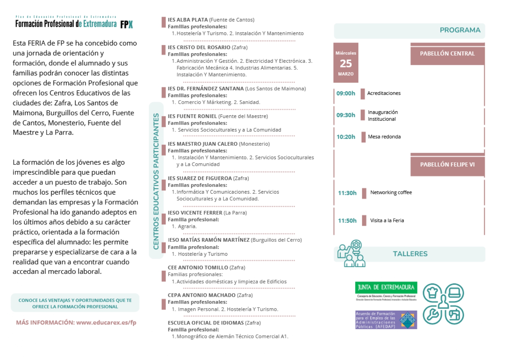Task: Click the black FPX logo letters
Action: coord(126,25)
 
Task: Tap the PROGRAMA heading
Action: coord(460,30)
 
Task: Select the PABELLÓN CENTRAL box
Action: coord(447,54)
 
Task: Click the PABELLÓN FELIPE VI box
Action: coord(447,165)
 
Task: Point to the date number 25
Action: coord(346,63)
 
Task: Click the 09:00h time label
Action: coord(346,93)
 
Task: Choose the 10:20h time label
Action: coord(346,137)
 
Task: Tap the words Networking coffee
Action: coord(391,192)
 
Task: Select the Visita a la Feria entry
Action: coord(387,221)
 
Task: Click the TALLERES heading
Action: coord(410,254)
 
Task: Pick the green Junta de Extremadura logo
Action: coord(386,288)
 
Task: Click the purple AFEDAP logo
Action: coord(386,320)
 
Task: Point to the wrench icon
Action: coord(432,315)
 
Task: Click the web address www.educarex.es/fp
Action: coord(106,323)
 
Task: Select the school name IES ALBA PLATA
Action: coord(188,20)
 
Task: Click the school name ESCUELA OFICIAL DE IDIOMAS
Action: coord(206,323)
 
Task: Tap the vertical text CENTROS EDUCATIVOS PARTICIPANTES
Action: coord(156,181)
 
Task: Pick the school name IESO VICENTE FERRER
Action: coord(195,213)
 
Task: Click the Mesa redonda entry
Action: coord(384,137)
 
